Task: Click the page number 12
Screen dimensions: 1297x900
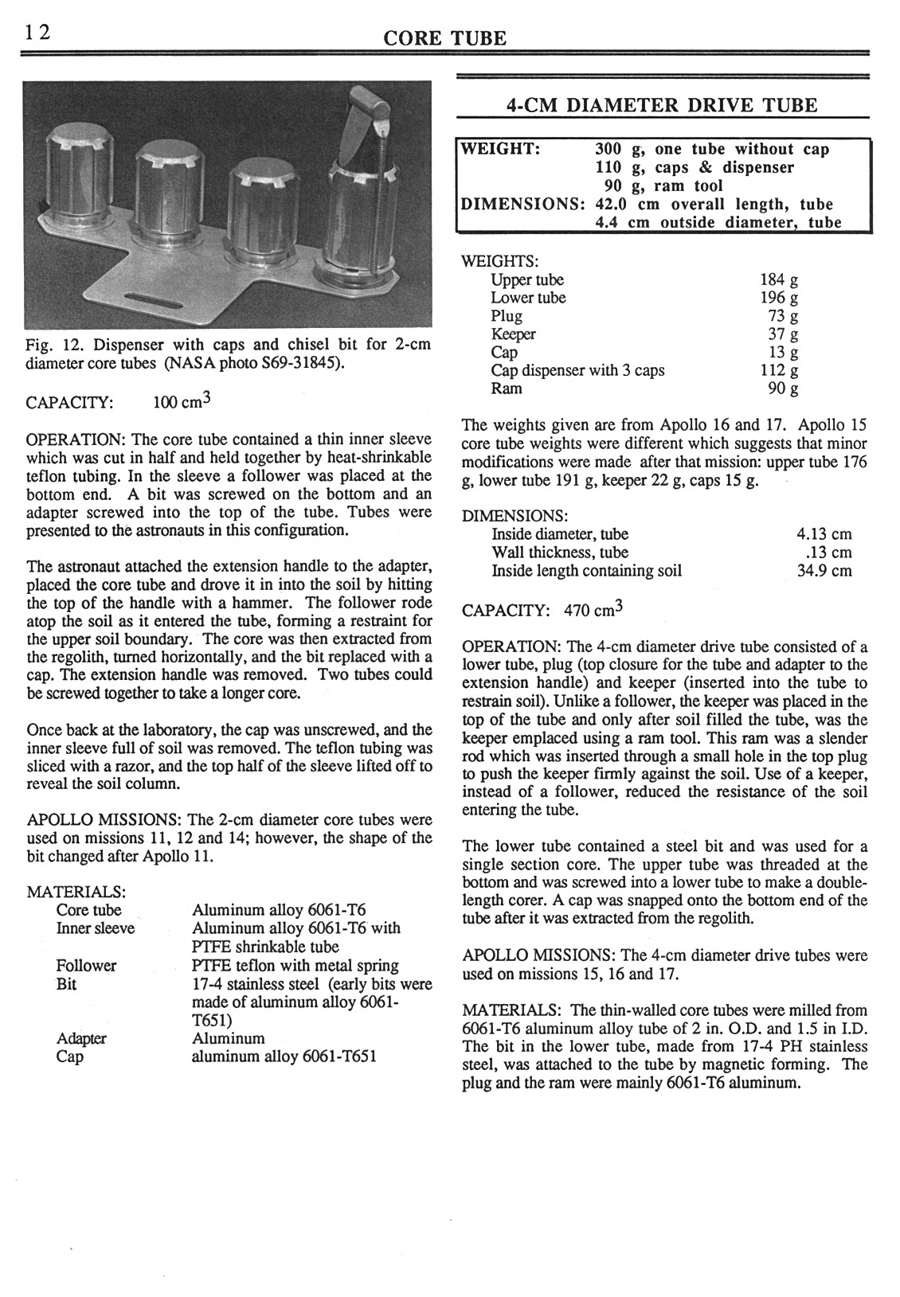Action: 37,32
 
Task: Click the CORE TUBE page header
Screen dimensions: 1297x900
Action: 444,37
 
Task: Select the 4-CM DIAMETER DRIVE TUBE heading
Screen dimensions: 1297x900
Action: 662,105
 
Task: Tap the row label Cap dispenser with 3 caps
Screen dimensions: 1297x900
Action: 577,370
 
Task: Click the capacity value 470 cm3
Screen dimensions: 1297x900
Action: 593,610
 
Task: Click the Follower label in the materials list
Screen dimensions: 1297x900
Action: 86,966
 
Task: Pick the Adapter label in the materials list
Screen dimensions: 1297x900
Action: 81,1039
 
